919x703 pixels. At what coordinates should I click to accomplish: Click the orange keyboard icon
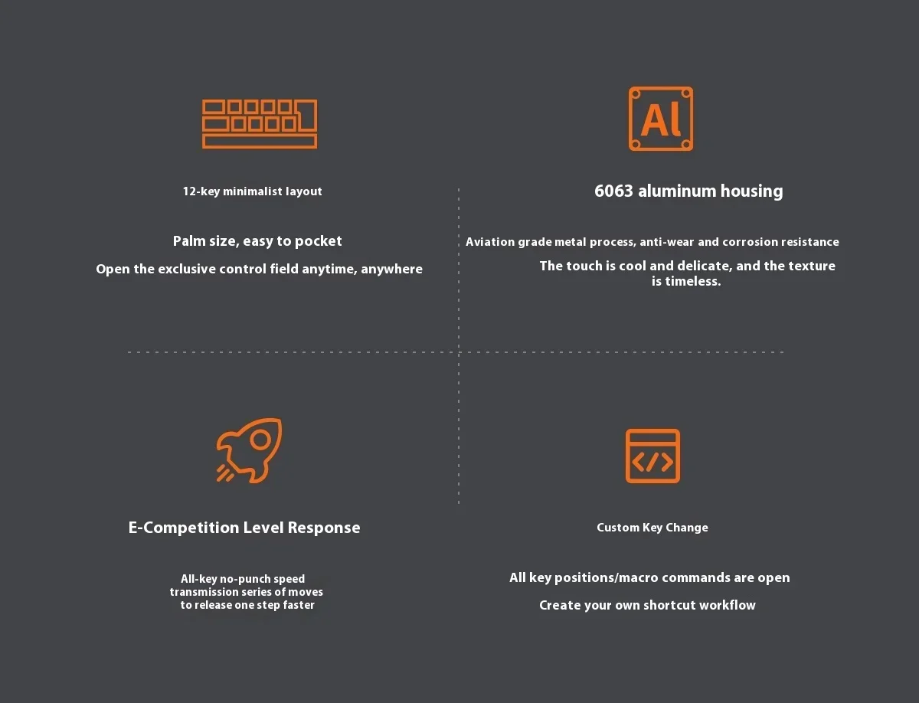pos(260,124)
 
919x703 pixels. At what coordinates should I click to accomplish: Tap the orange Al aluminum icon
pos(661,119)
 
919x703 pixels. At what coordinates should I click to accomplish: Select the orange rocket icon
pos(249,450)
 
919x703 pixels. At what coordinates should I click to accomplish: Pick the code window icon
pos(652,456)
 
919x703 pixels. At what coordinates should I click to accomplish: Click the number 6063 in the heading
pos(614,191)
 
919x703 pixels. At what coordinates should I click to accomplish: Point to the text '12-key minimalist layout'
pos(252,191)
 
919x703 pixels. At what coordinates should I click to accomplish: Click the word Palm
pos(188,241)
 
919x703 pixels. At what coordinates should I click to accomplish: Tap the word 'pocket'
pos(319,241)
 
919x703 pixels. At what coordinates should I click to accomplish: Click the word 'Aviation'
pos(490,242)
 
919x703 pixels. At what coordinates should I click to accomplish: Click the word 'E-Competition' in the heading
pos(183,528)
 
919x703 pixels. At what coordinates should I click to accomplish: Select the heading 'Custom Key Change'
pos(652,528)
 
